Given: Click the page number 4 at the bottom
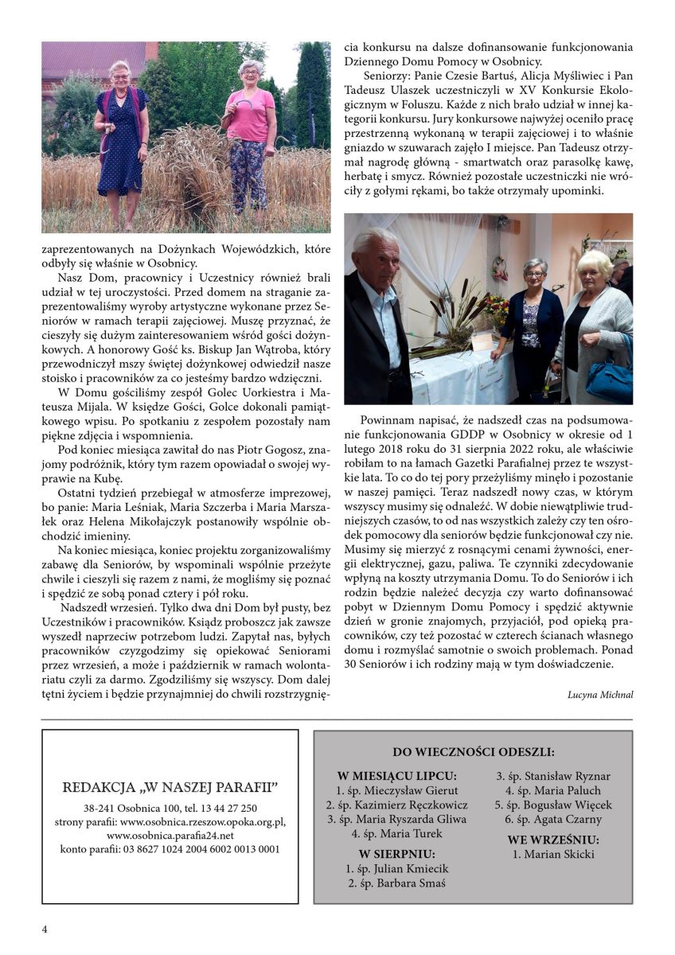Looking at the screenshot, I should pyautogui.click(x=45, y=930).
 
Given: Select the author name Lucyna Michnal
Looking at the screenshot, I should pyautogui.click(x=600, y=693).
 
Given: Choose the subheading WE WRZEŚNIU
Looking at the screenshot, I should pyautogui.click(x=553, y=840).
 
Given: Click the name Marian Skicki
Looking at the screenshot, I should pyautogui.click(x=553, y=855).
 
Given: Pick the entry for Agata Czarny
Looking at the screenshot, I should pyautogui.click(x=553, y=819).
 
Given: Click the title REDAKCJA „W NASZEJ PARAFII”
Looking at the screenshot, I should pyautogui.click(x=170, y=788).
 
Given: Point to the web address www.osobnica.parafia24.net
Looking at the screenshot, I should pyautogui.click(x=170, y=836).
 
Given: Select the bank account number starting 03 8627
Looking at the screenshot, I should pyautogui.click(x=170, y=849).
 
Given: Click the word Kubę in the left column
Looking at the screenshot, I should pyautogui.click(x=106, y=479).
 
